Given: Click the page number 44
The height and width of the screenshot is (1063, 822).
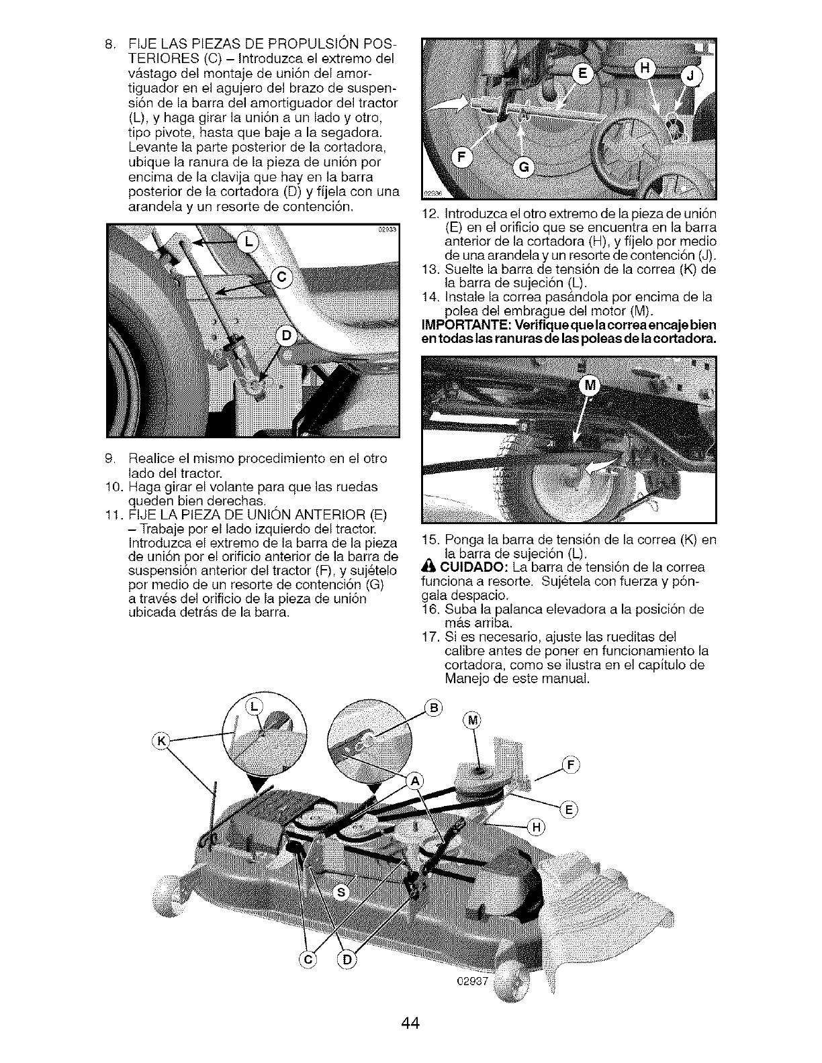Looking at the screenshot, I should pos(410,1023).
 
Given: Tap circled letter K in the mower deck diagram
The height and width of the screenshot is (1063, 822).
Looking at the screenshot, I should pos(161,742).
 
